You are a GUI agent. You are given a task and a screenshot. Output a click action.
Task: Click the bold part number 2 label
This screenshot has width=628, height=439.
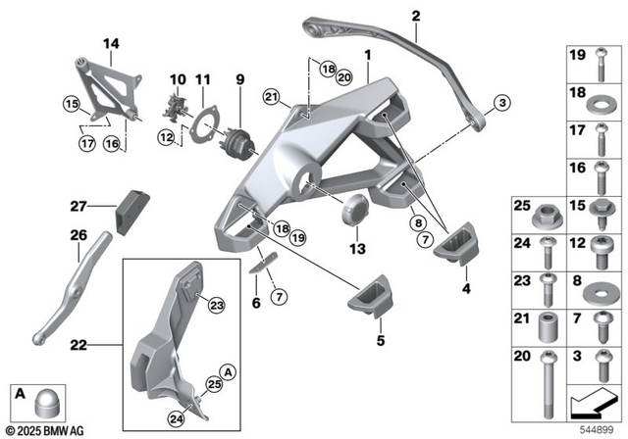tap(415, 16)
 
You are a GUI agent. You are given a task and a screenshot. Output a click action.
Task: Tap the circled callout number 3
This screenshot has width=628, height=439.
tap(501, 103)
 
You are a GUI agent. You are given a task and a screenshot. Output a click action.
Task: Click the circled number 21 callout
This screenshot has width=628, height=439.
tap(270, 96)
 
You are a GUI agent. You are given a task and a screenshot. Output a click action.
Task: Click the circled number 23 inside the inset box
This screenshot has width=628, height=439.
tap(215, 306)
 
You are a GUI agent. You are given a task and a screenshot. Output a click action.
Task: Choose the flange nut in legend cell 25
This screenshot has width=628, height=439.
tap(548, 211)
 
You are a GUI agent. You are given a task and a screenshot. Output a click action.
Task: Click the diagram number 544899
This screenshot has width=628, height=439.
tap(602, 428)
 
